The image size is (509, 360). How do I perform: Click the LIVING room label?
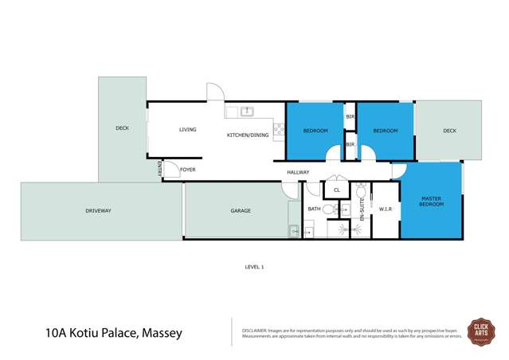pyautogui.click(x=187, y=130)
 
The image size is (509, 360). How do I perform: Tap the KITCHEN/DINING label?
pyautogui.click(x=248, y=135)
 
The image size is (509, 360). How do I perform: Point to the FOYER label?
pyautogui.click(x=187, y=170)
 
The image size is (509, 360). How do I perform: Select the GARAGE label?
pyautogui.click(x=241, y=211)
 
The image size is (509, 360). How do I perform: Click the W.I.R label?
pyautogui.click(x=385, y=209)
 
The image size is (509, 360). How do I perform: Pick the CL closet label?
pyautogui.click(x=336, y=190)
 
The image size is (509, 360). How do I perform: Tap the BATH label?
pyautogui.click(x=315, y=209)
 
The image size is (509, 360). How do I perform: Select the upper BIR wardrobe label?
pyautogui.click(x=350, y=117)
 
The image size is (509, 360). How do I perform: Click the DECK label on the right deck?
pyautogui.click(x=449, y=131)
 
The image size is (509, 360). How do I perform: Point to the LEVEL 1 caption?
pyautogui.click(x=254, y=267)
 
